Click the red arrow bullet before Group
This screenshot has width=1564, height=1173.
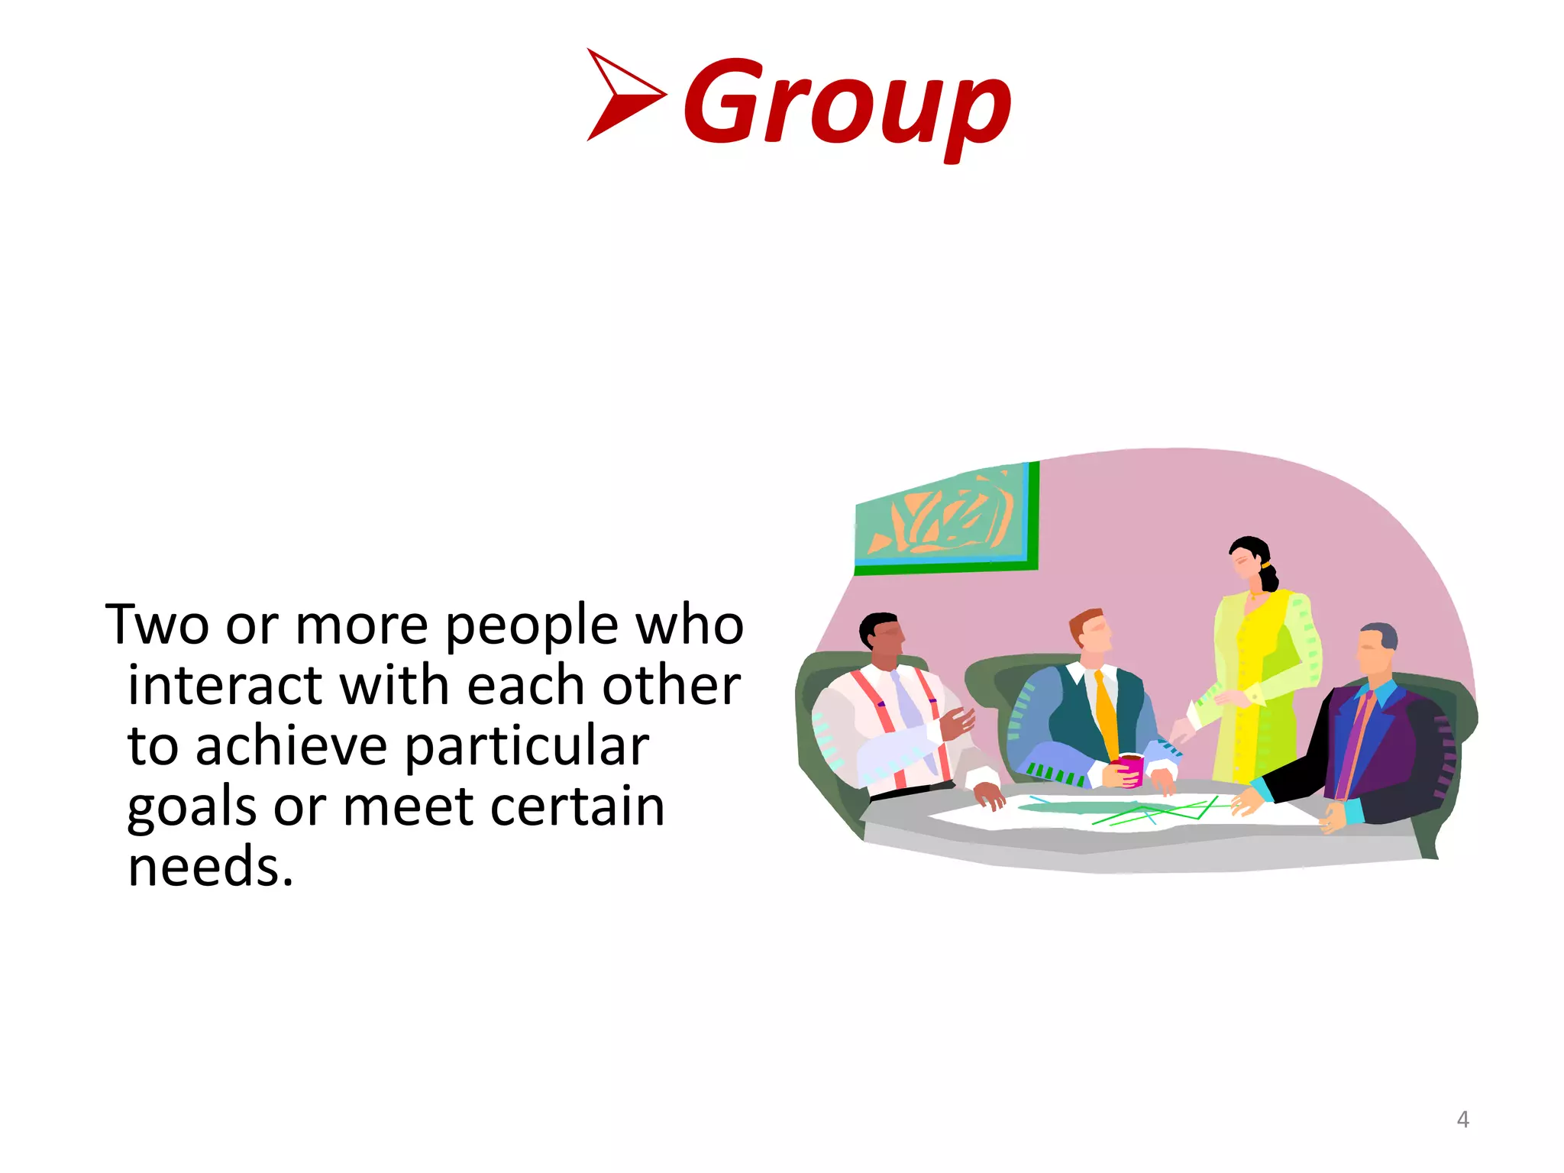point(622,95)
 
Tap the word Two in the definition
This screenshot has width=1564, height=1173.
point(157,625)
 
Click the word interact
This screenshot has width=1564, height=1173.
point(225,685)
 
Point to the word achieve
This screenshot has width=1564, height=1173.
point(291,746)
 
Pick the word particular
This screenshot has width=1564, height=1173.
point(526,748)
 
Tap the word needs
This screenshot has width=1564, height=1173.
point(210,868)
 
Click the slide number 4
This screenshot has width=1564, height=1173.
point(1462,1120)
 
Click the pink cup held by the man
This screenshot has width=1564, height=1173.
point(1130,768)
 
